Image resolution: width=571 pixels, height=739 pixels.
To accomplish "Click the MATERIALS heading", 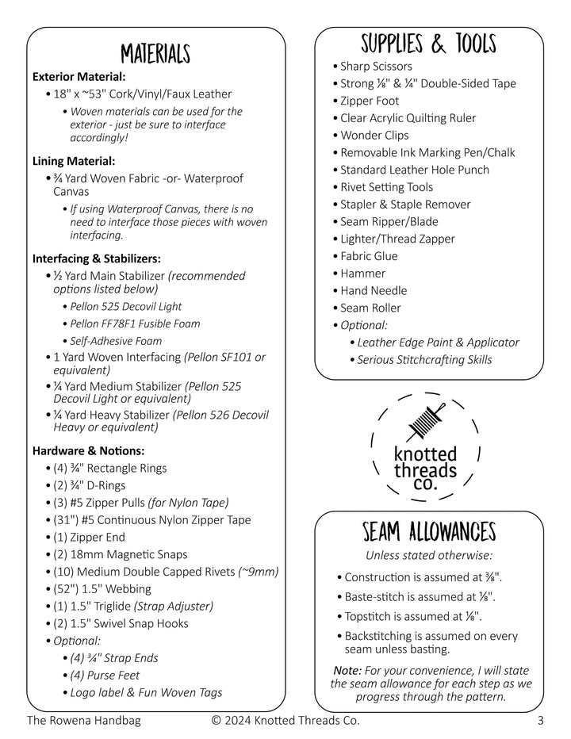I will coord(155,54).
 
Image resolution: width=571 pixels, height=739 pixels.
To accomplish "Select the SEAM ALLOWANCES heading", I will coord(428,530).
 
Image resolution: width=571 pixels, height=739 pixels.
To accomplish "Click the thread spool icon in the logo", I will coord(424,420).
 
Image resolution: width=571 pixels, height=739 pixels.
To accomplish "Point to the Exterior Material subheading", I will coord(79,77).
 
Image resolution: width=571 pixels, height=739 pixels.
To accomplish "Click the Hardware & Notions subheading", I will coord(88,450).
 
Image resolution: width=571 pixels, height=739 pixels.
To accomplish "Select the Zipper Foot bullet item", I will coord(370,101).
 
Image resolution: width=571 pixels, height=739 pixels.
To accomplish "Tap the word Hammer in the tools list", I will coord(362,273).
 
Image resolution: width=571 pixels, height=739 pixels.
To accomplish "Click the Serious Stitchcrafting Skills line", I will coord(424,360).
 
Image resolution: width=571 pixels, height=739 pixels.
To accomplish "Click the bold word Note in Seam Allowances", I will coord(348,670).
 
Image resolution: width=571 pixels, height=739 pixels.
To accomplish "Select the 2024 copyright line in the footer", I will coord(285,721).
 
